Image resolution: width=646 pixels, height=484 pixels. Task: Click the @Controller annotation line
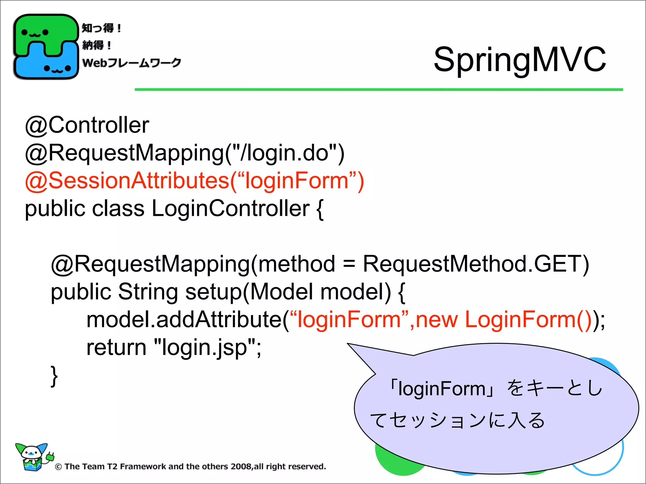coord(87,125)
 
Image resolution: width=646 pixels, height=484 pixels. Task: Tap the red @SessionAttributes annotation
coord(194,181)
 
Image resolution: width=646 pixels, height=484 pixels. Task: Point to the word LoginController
coord(231,209)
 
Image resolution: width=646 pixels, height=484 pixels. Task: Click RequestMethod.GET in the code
coord(475,264)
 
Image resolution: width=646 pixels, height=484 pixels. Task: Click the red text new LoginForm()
coord(503,320)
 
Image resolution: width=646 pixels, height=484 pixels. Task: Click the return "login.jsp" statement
coord(173,348)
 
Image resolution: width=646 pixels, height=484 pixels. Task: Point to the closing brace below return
coord(54,375)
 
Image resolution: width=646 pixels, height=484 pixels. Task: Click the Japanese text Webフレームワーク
coord(132,63)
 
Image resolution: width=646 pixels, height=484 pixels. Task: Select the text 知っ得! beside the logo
coord(101,28)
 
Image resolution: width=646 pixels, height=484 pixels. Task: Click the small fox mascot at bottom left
coord(32,457)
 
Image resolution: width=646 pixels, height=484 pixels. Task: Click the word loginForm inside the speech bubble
coord(442,389)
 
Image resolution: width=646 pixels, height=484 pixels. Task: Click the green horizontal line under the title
coord(379,90)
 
